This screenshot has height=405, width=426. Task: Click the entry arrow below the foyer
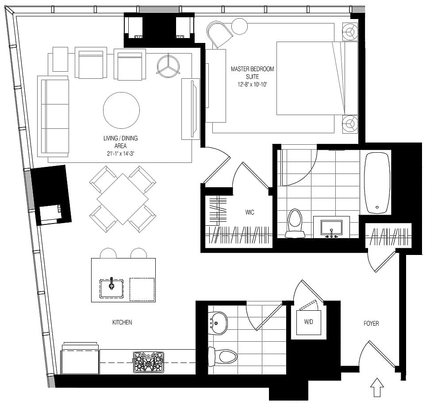tap(377, 387)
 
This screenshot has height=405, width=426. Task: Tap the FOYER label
tap(371, 324)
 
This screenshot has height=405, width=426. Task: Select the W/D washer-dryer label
tap(308, 322)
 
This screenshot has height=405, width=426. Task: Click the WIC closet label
tap(249, 212)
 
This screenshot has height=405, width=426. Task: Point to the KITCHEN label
tap(122, 322)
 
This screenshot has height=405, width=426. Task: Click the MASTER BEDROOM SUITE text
tap(253, 73)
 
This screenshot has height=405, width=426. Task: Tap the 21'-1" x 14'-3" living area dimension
tap(121, 154)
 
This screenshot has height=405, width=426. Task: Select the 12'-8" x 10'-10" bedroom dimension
tap(253, 85)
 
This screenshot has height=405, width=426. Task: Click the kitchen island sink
tap(111, 288)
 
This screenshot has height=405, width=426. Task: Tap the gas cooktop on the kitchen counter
tap(149, 363)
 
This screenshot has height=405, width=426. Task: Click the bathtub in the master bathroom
tap(377, 183)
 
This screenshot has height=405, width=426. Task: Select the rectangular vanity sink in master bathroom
tap(331, 228)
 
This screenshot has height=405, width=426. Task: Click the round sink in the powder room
tap(218, 323)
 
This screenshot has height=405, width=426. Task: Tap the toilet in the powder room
tap(223, 357)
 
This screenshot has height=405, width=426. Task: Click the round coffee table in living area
tap(122, 110)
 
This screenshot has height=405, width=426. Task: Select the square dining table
tap(123, 199)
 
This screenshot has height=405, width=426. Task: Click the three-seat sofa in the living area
tap(53, 116)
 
